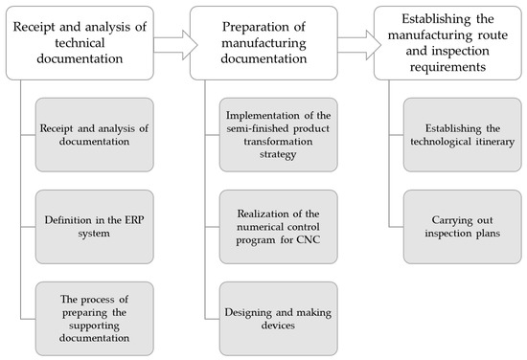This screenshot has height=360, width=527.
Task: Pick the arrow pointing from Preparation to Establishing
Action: tap(354, 42)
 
